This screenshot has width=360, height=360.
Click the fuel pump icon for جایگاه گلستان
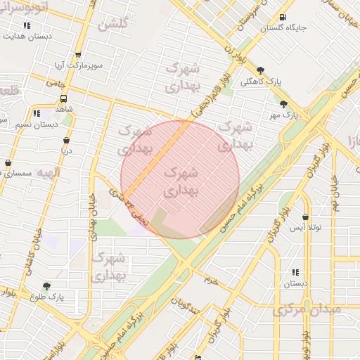283,18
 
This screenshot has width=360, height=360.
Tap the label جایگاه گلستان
283,29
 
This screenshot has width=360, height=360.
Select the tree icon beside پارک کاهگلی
261,70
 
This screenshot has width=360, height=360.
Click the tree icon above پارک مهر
283,103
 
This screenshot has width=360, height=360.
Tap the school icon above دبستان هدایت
27,25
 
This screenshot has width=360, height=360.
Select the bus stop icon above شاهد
64,99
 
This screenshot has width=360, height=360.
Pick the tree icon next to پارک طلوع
46,286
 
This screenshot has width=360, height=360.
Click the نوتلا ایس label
306,229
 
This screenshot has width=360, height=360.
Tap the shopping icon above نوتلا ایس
305,218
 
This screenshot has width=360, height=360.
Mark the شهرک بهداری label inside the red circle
181,181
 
